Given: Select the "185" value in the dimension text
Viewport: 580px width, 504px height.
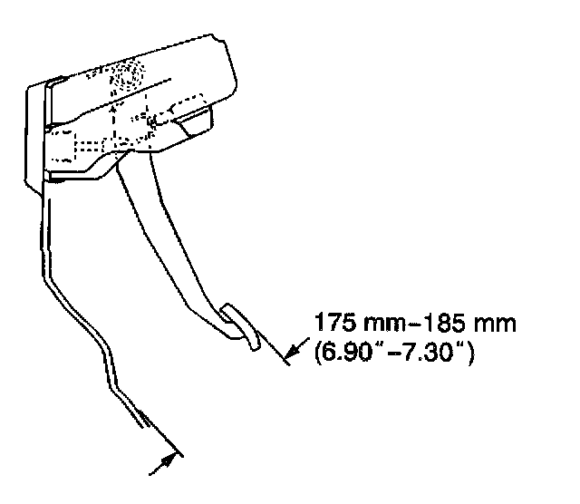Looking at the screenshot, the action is [x=422, y=324].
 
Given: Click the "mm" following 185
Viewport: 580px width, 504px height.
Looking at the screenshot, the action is [x=463, y=324].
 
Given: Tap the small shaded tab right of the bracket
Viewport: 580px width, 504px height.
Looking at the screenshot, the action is [x=195, y=120].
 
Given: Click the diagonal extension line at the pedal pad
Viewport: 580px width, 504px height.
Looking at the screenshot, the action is [x=272, y=349].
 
